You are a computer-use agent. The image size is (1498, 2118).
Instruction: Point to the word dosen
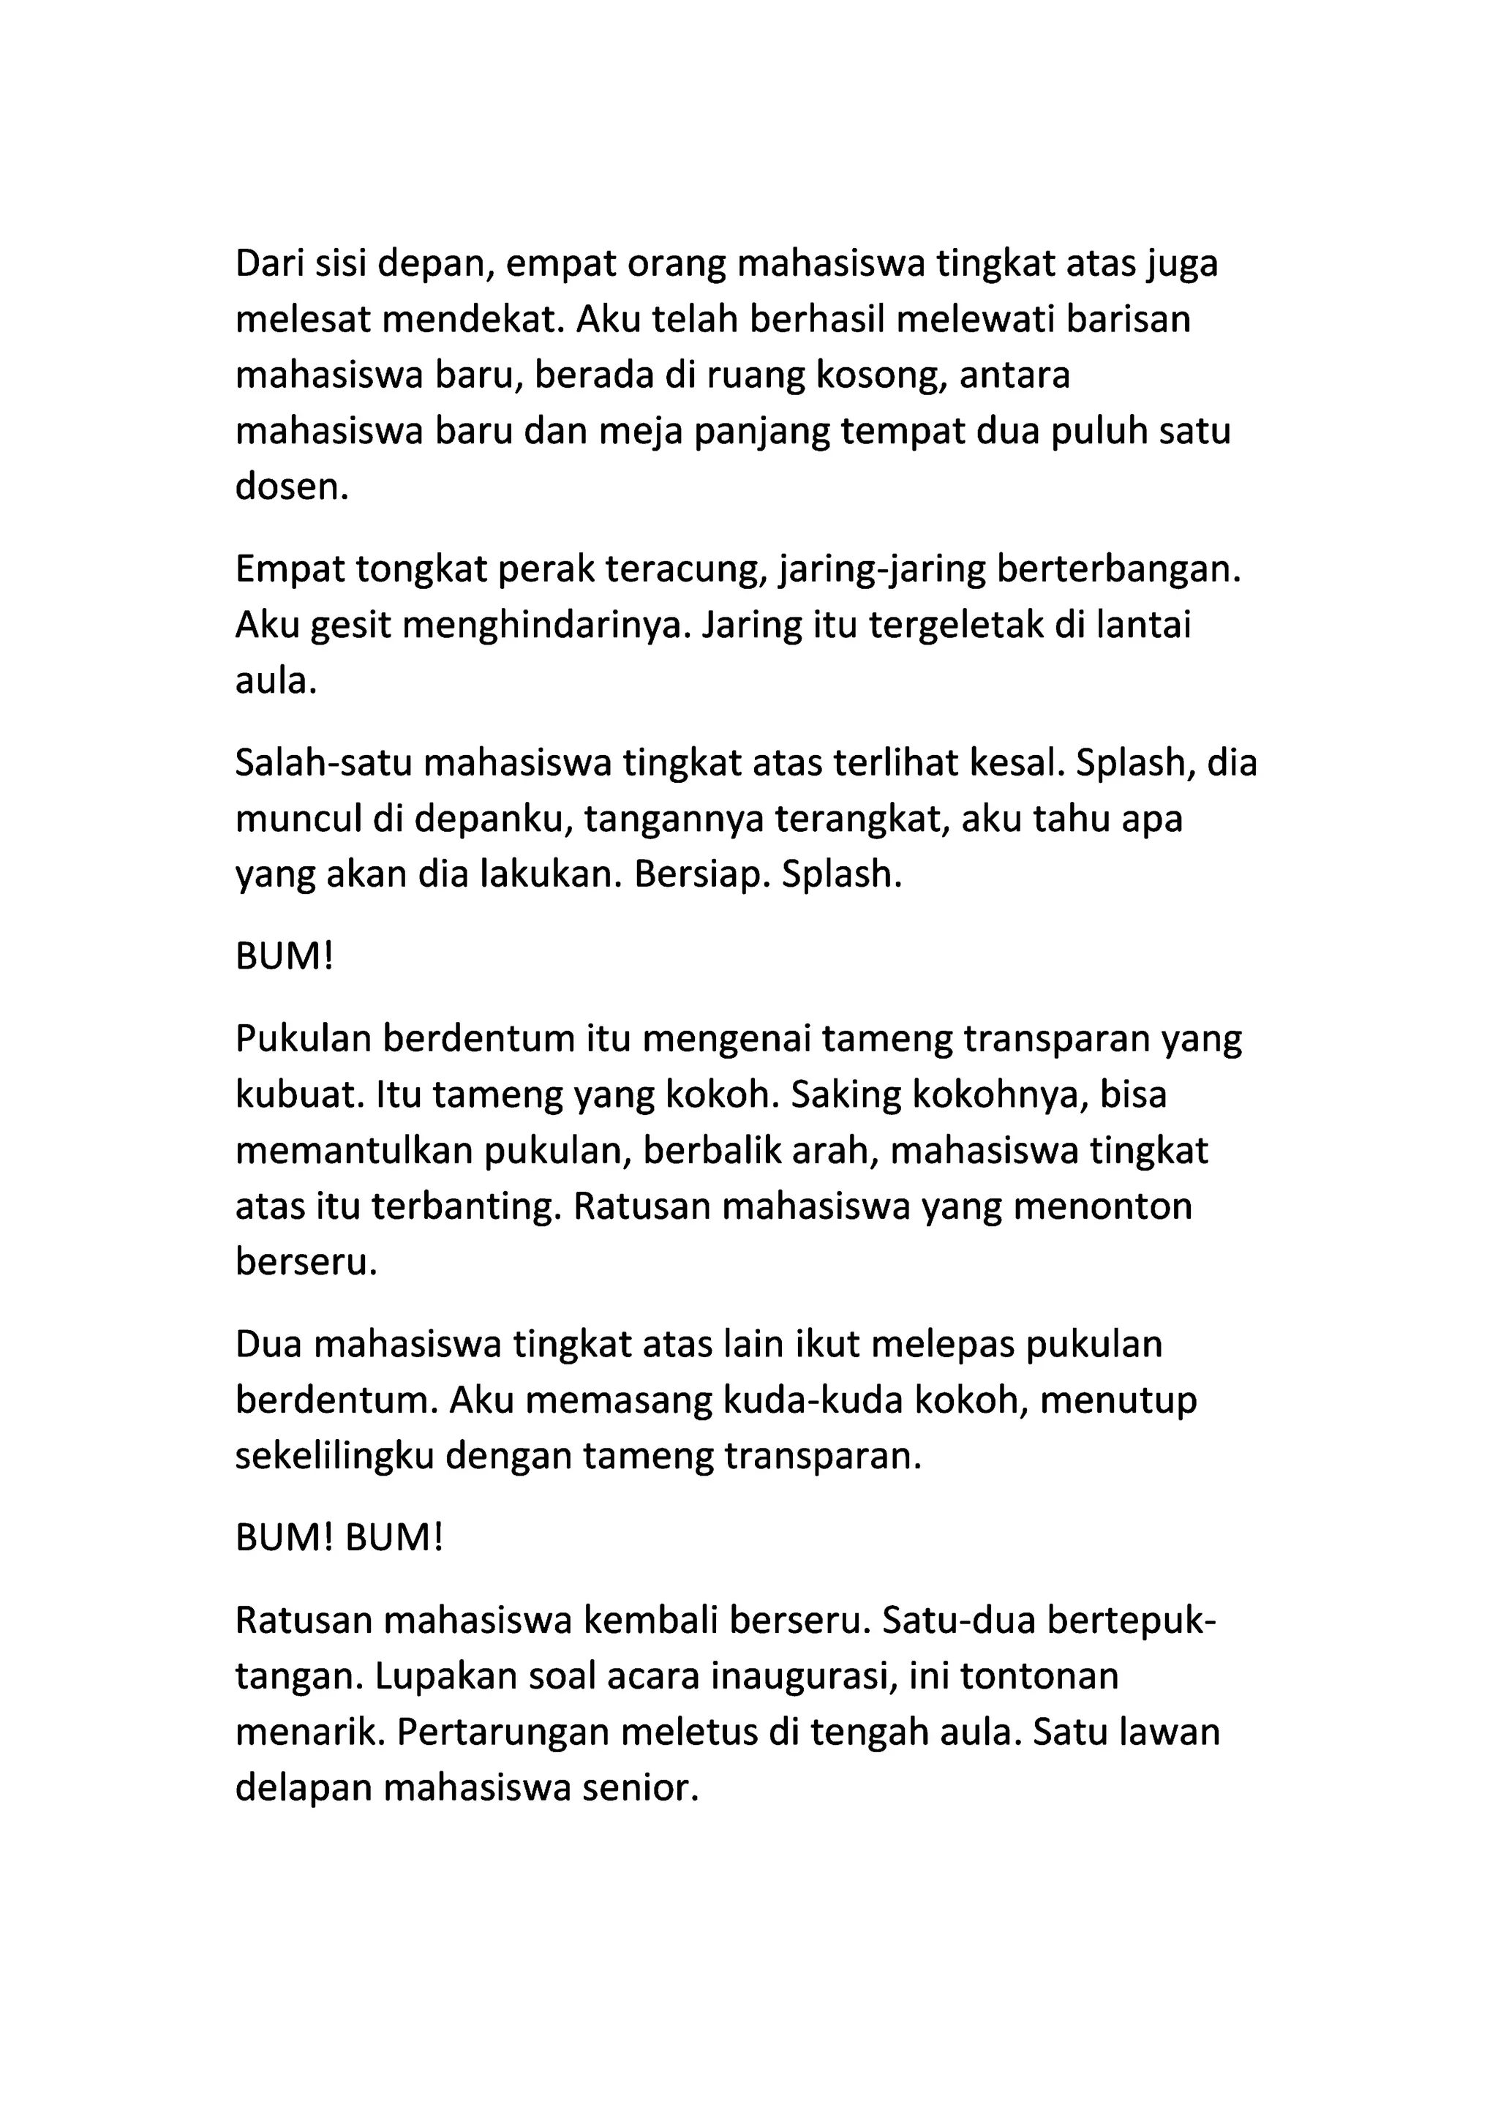[290, 486]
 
